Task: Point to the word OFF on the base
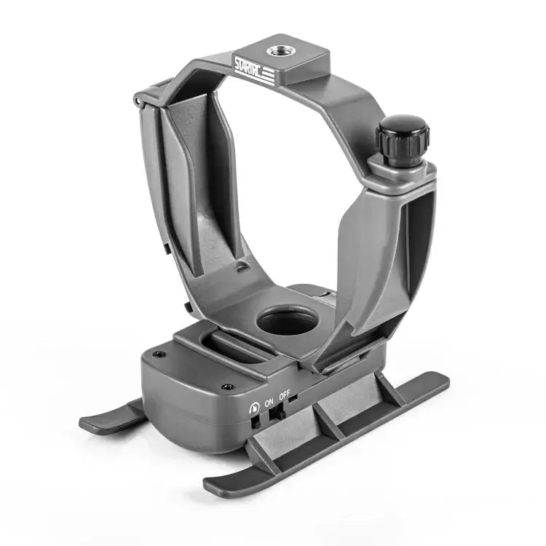point(285,396)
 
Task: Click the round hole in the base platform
point(287,320)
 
